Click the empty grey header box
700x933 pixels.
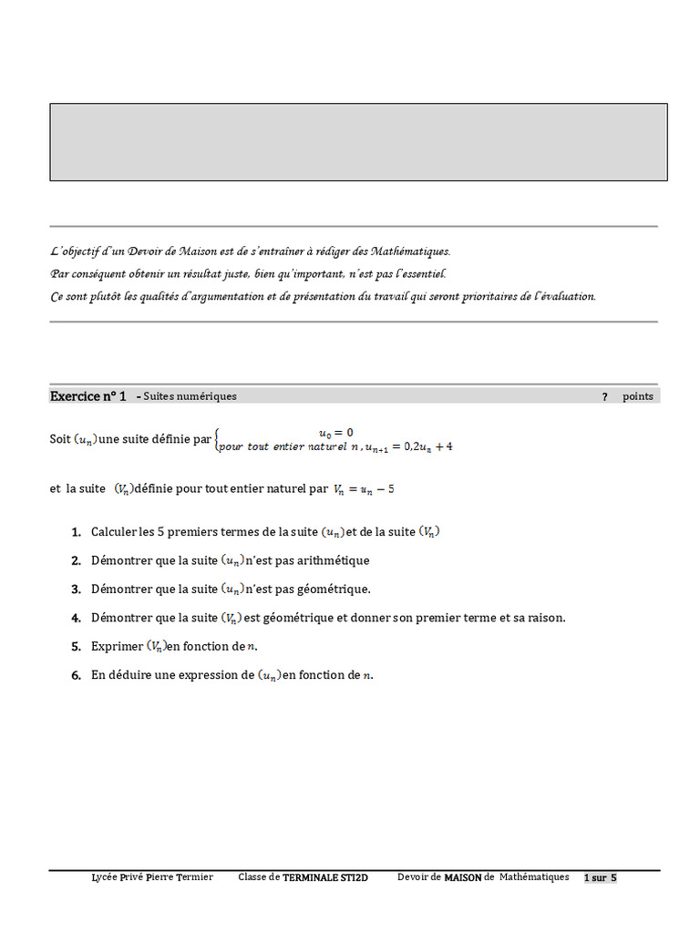(x=358, y=141)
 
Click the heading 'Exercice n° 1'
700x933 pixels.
(x=87, y=396)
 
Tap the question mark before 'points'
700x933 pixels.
(x=604, y=397)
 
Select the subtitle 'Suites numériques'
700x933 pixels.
(x=190, y=396)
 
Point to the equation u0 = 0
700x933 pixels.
(x=335, y=432)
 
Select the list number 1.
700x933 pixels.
(x=76, y=532)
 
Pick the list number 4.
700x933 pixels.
(x=76, y=618)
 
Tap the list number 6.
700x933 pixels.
(x=76, y=676)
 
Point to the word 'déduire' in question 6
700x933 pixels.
(x=131, y=676)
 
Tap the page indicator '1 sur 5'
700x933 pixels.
(x=601, y=877)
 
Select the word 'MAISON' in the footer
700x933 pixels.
(x=463, y=877)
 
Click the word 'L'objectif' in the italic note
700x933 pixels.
(x=77, y=251)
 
